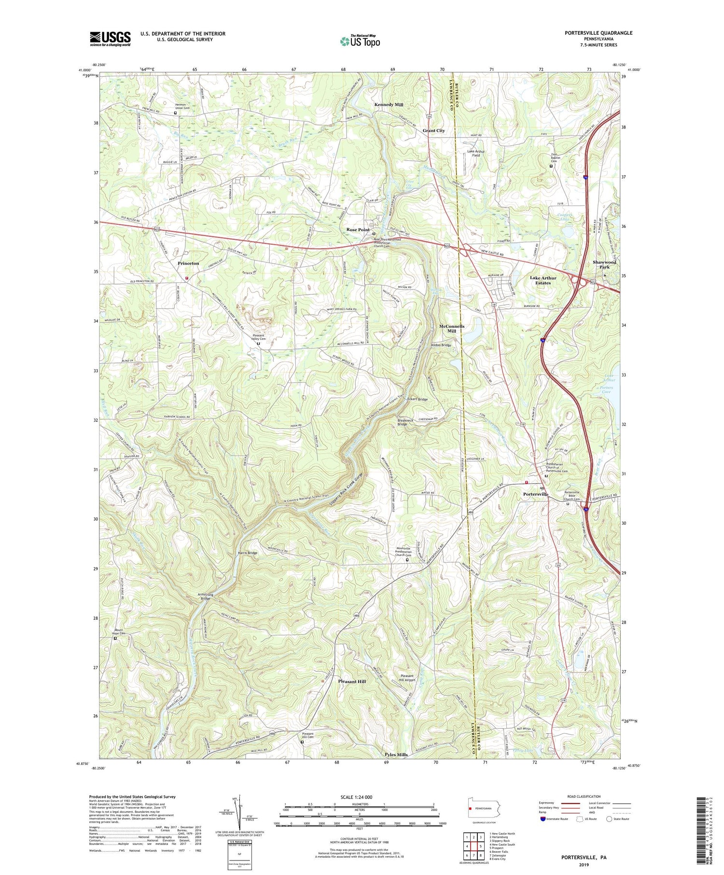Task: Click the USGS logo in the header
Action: tap(110, 39)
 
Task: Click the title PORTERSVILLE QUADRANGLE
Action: tap(599, 33)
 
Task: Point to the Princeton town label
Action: tap(188, 264)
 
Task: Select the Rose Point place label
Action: tap(358, 230)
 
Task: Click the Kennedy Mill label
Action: tap(389, 105)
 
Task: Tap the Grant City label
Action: tap(433, 131)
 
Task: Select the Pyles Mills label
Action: tap(396, 754)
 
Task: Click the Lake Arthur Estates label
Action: tap(543, 280)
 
